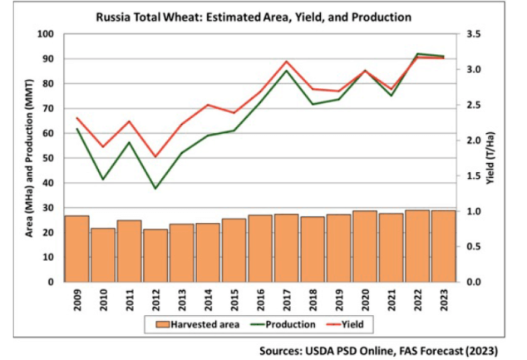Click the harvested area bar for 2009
[x=76, y=249]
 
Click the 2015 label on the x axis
[x=234, y=298]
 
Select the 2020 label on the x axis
[x=365, y=298]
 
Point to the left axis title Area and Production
[x=27, y=158]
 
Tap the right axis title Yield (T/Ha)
[x=490, y=158]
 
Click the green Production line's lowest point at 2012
[x=155, y=189]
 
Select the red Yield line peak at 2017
[x=286, y=61]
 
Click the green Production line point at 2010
[x=103, y=180]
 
